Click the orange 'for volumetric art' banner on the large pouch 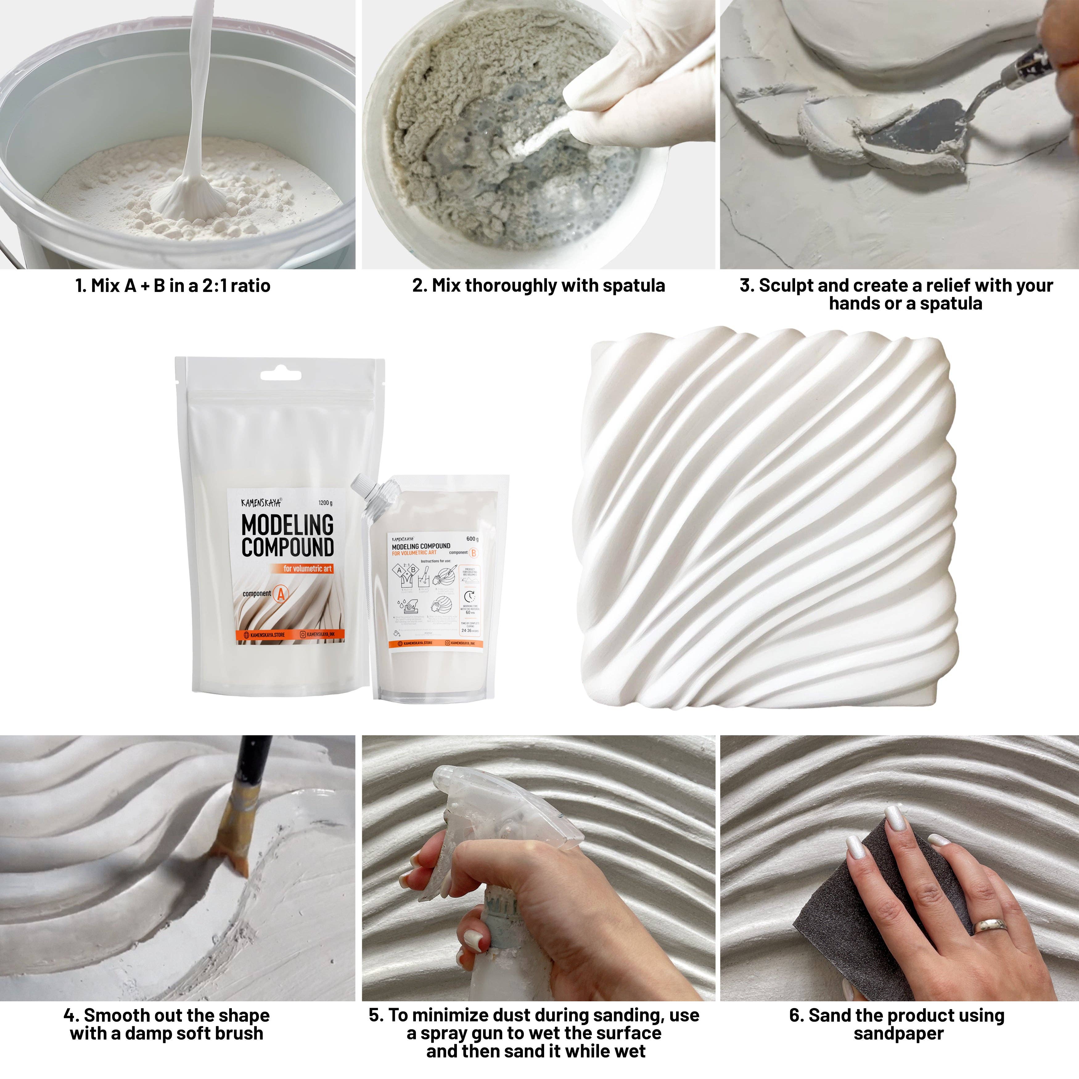pyautogui.click(x=307, y=568)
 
